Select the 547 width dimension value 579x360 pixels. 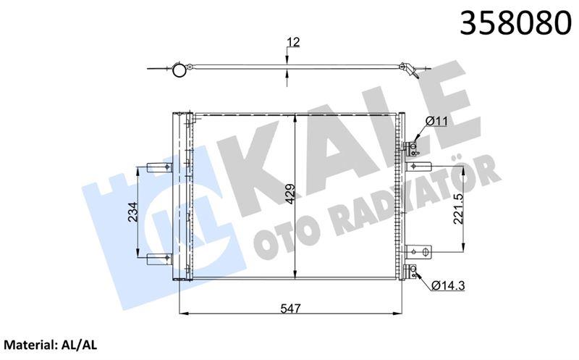[290, 308]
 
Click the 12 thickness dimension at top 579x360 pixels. [292, 43]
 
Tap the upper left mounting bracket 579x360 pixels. [159, 167]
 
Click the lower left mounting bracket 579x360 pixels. [159, 257]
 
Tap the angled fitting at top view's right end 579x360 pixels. [410, 70]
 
